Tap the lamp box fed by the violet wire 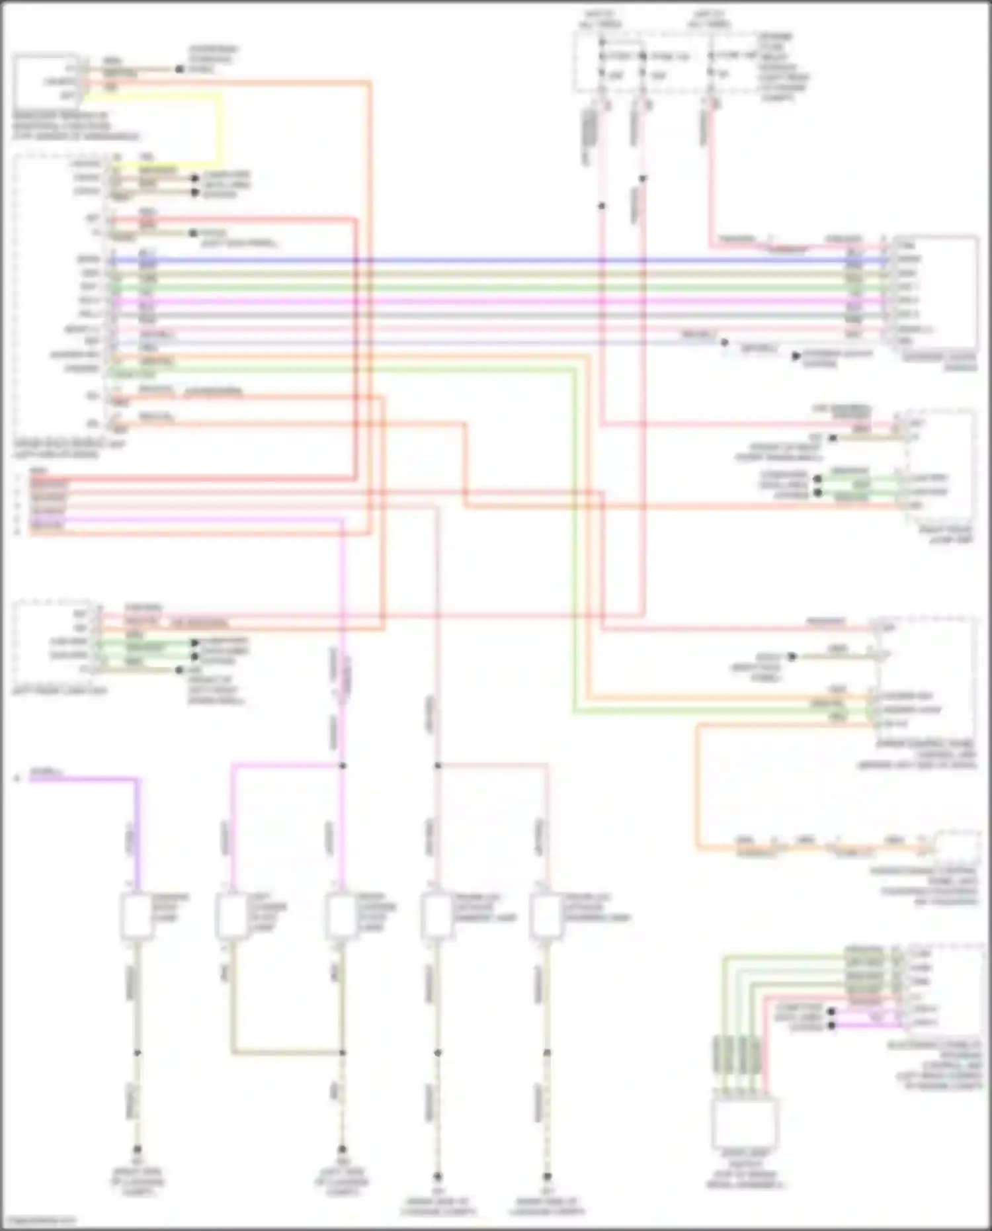(x=136, y=916)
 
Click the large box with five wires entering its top (x=745, y=1123)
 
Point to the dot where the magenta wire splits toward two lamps (x=343, y=766)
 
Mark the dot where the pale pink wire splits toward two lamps (x=437, y=766)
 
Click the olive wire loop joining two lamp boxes (x=284, y=1052)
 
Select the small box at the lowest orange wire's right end (x=956, y=847)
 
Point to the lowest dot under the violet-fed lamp (x=137, y=1150)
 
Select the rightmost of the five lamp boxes (x=546, y=916)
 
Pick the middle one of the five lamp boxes (x=341, y=916)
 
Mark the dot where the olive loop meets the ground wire (x=343, y=1052)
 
